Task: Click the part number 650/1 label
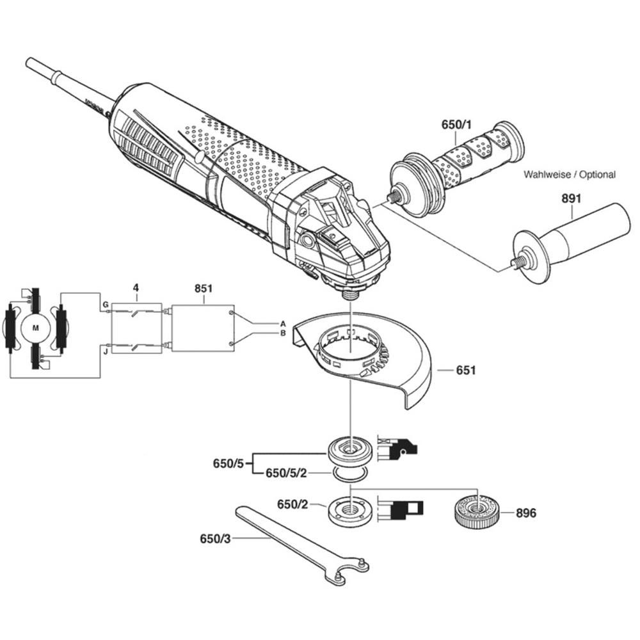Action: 456,125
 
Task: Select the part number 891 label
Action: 572,199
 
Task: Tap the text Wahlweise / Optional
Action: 570,174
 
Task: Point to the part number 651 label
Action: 466,371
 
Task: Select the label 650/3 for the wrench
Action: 215,539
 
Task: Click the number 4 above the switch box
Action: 136,289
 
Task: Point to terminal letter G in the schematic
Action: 104,306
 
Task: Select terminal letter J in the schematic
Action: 104,350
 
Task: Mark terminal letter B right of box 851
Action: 282,333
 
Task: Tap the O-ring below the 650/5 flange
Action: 349,474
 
